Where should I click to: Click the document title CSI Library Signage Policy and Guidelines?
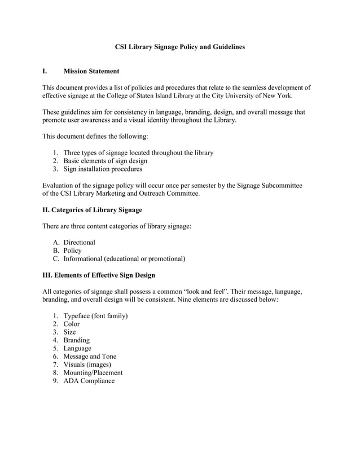[x=180, y=47]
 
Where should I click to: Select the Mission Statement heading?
[x=91, y=72]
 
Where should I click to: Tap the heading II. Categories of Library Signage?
[x=93, y=210]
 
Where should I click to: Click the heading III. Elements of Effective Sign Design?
[x=99, y=275]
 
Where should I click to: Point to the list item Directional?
[x=79, y=243]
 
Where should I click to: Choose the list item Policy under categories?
[x=72, y=250]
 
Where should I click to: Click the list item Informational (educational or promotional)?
[x=124, y=259]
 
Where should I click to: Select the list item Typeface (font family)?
[x=95, y=316]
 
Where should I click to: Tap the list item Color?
[x=72, y=324]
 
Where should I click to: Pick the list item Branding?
[x=77, y=340]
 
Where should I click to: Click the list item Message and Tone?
[x=90, y=357]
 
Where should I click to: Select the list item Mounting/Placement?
[x=93, y=372]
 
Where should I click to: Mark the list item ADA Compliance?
[x=89, y=381]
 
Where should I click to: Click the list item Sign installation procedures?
[x=103, y=169]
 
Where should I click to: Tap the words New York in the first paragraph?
[x=277, y=96]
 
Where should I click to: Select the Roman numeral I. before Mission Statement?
[x=45, y=72]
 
